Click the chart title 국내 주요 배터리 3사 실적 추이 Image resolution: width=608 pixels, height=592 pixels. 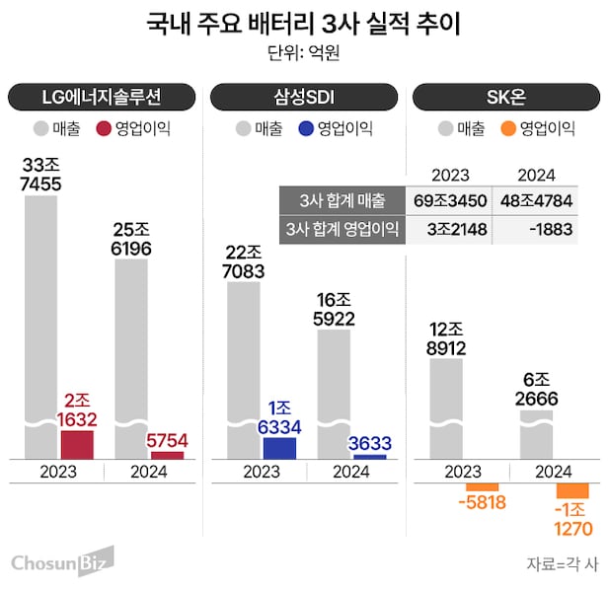click(304, 22)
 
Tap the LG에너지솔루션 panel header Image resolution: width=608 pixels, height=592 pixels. click(103, 97)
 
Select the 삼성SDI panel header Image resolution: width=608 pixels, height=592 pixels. click(304, 97)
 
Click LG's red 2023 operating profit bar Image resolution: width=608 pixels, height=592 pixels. click(77, 444)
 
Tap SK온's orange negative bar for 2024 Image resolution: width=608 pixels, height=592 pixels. click(571, 490)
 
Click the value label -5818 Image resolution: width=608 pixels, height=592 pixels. click(483, 502)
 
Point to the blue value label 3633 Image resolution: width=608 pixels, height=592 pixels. click(370, 443)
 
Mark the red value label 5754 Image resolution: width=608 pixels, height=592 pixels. click(169, 440)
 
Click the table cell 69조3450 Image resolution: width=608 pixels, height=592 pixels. click(449, 201)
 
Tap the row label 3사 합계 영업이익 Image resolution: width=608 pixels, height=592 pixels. click(341, 230)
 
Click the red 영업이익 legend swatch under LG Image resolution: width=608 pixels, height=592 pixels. click(105, 128)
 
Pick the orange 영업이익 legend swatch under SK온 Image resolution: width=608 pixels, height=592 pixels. click(509, 128)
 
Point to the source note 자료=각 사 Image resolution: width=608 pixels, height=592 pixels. click(562, 564)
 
